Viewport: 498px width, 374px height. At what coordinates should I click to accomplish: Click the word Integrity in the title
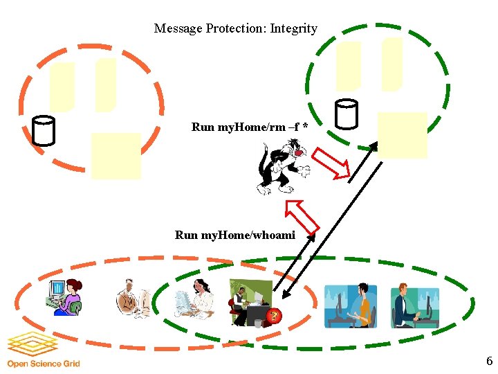coord(293,28)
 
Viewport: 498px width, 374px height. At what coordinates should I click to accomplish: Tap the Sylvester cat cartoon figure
coord(282,167)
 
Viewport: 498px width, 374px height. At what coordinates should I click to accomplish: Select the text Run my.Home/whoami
coord(235,235)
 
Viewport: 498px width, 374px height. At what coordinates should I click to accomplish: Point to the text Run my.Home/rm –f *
coord(249,127)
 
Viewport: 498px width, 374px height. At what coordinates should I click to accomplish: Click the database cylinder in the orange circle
coord(44,130)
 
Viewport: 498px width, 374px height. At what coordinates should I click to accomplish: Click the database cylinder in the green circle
coord(346,114)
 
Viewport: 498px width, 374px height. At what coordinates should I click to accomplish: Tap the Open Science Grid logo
coord(43,350)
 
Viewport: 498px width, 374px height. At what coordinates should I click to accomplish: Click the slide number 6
coord(489,361)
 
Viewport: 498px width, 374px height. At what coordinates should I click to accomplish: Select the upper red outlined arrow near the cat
coord(329,163)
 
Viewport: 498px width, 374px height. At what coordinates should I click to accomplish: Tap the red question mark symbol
coord(274,317)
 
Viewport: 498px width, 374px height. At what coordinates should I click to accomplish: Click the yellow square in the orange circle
coord(116,155)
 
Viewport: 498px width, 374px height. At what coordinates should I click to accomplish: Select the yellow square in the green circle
coord(403,135)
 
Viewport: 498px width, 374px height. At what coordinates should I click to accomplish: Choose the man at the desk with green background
coord(249,301)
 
